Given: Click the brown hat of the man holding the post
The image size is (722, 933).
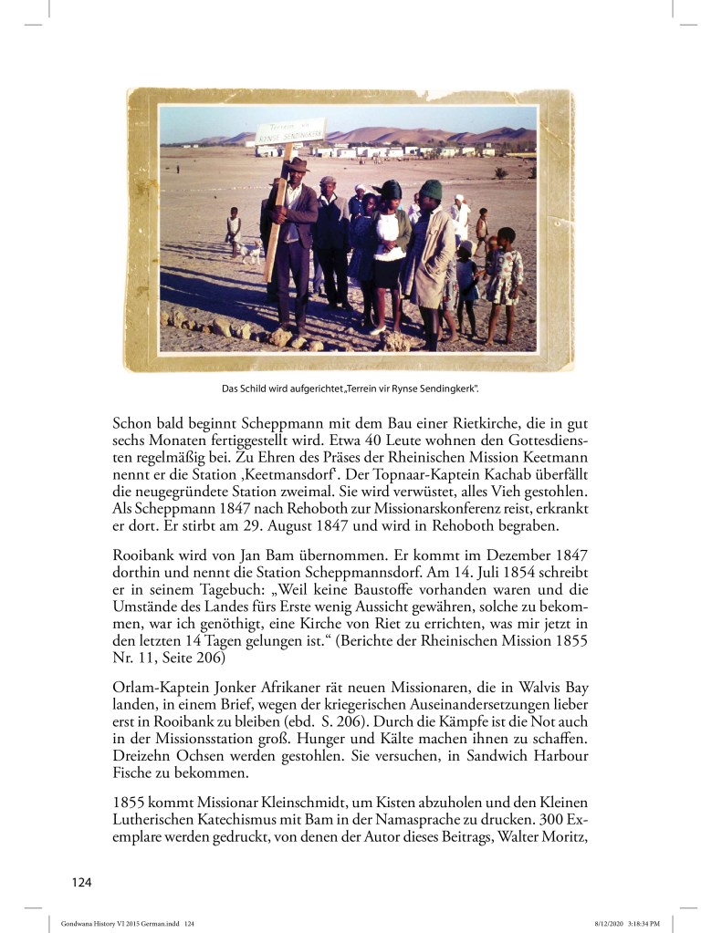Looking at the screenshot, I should (x=298, y=165).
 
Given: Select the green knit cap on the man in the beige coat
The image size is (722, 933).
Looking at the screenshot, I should (x=431, y=189).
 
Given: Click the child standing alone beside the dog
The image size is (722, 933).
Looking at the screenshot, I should (x=234, y=231).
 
